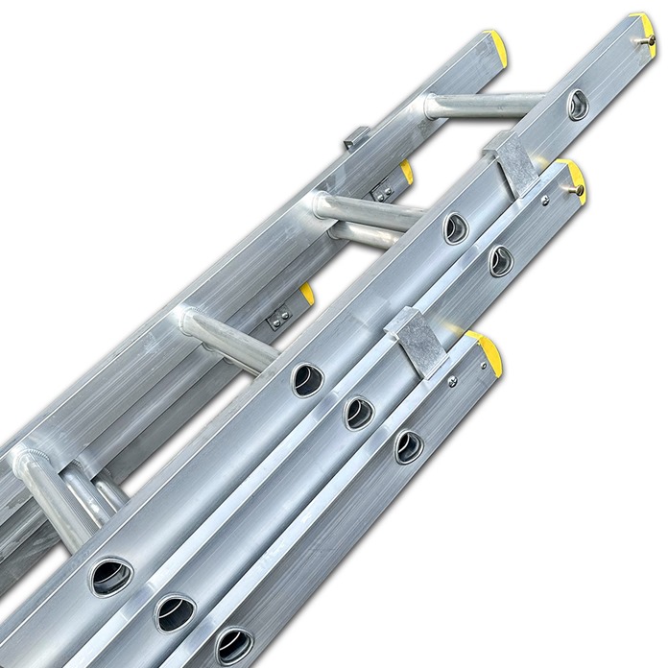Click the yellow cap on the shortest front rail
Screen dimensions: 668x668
point(485,347)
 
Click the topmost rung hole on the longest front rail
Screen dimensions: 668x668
point(577,105)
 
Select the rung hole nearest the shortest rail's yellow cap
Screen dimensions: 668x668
point(408,446)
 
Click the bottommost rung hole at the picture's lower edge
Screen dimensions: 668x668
point(233,644)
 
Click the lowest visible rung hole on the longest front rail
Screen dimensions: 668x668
point(111,575)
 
